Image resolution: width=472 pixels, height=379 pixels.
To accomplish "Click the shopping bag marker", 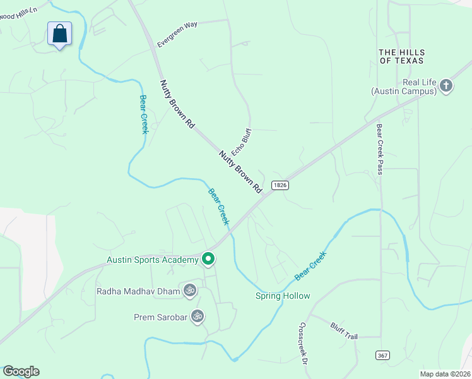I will pos(59,34).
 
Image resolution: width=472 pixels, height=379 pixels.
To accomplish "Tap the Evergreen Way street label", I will pos(177,34).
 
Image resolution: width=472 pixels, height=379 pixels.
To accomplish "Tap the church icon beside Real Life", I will pos(446,86).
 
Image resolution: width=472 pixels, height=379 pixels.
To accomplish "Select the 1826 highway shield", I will pos(281,185).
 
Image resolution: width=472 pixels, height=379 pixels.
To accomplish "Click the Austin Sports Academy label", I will pos(152,259).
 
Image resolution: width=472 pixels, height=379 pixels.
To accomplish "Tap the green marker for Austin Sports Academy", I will pos(208,259).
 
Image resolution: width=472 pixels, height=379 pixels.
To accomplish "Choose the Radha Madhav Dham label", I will pos(138,291).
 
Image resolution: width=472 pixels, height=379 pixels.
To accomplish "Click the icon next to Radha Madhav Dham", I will pos(189,291).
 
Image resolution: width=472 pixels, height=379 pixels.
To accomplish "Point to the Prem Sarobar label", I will pos(161,316).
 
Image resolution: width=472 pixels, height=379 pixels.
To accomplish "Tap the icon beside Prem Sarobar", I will pos(198,315).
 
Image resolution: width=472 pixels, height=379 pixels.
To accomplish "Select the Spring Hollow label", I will pos(283,296).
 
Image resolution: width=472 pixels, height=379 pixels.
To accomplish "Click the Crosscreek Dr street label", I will pos(302,345).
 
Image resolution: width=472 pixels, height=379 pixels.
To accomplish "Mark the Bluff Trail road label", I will pos(344,331).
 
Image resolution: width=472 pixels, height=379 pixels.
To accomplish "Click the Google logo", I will pos(21,371).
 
